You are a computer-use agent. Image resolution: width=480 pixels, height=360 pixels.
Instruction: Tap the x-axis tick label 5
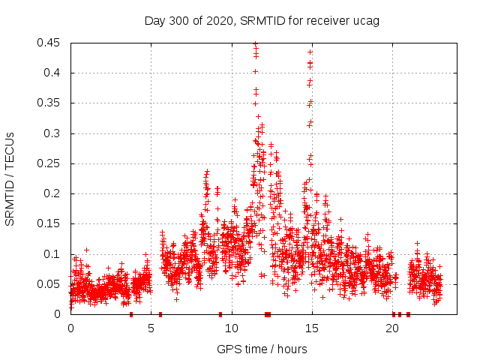[151, 328]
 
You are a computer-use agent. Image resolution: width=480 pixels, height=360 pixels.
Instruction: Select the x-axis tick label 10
[232, 328]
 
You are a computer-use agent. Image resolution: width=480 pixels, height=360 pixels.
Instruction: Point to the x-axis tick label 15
[312, 328]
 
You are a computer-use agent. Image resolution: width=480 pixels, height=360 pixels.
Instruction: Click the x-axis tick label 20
[393, 328]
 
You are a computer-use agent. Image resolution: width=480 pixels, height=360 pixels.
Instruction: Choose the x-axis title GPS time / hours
[262, 349]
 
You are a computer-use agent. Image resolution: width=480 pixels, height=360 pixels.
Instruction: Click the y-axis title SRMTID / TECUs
[10, 178]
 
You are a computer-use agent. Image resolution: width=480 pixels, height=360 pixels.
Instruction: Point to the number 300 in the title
[178, 20]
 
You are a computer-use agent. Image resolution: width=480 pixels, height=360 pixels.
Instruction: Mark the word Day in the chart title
[155, 20]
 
